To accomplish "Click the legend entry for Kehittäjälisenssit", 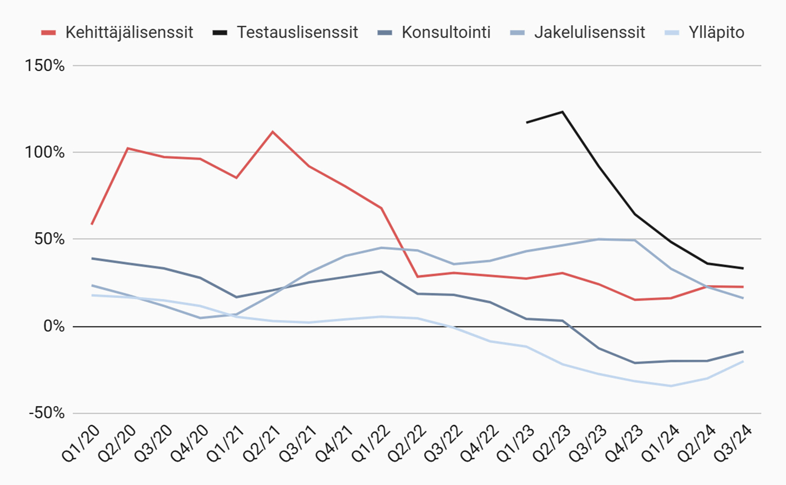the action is tap(117, 32).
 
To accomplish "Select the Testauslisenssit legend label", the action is tap(285, 32).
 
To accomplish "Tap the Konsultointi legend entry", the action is tap(434, 32).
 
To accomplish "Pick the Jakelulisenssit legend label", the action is tap(577, 32).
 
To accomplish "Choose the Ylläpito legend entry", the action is tap(704, 32).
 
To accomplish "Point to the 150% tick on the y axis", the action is tap(44, 66).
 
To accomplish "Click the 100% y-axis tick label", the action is tap(44, 152).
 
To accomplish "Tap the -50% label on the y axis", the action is tap(47, 413).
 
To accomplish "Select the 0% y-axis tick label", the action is tap(54, 326).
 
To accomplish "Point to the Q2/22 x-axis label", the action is tap(407, 444).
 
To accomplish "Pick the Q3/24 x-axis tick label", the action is tap(733, 444).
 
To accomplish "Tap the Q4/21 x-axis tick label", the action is tap(335, 444).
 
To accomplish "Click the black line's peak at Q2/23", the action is tap(563, 112).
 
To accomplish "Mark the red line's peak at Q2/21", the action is tap(273, 131).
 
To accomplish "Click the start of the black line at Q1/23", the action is tap(526, 122).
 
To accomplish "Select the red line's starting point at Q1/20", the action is tap(91, 224).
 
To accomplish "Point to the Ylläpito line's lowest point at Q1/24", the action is tap(671, 386).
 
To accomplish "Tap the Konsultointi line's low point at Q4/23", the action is tap(635, 363).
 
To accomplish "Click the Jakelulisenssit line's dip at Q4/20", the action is tap(200, 318).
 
